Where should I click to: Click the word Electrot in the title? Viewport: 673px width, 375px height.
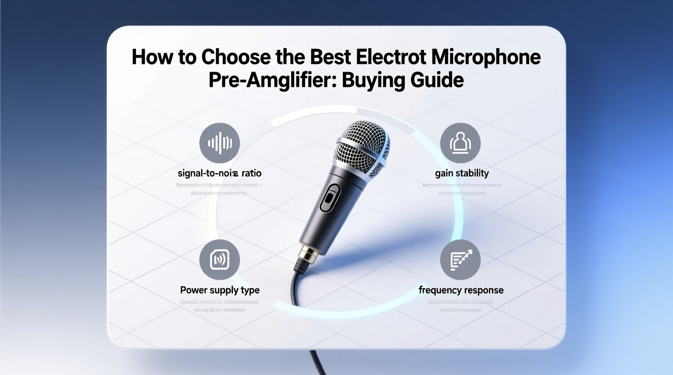click(391, 57)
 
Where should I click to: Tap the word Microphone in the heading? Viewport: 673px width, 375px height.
click(486, 57)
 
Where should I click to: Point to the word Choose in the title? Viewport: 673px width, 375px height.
click(236, 57)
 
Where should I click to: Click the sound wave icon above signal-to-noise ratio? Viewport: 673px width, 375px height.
click(220, 143)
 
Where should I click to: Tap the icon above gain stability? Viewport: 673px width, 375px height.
click(460, 143)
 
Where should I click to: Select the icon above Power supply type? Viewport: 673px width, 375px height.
click(220, 259)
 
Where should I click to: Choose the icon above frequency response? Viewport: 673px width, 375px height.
click(460, 259)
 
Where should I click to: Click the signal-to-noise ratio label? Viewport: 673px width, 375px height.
click(220, 173)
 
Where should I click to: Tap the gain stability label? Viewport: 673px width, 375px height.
click(462, 173)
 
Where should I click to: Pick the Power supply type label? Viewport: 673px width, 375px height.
click(220, 290)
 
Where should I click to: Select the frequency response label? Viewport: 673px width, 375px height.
click(461, 290)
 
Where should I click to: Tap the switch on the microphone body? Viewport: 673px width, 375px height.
click(330, 198)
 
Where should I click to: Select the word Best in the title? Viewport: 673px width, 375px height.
click(330, 57)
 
